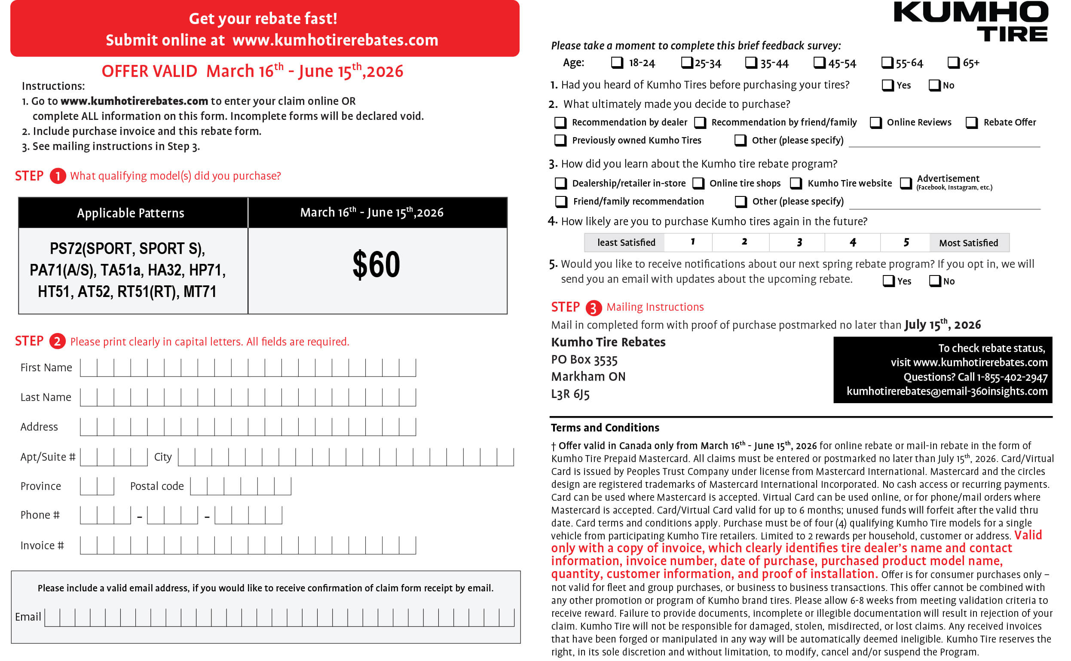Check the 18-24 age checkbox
click(x=617, y=62)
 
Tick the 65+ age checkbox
click(x=953, y=62)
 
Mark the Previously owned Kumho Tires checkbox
click(x=560, y=141)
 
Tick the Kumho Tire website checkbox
click(x=796, y=183)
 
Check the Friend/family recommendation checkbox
click(x=560, y=202)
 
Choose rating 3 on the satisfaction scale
click(x=799, y=243)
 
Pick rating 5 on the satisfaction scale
click(x=906, y=243)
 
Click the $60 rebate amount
click(x=376, y=264)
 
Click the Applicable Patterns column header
click(x=131, y=213)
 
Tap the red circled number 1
click(x=58, y=176)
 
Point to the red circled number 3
click(x=593, y=308)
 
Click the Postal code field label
click(x=157, y=486)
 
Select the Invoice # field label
click(x=42, y=545)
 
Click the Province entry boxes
click(x=97, y=486)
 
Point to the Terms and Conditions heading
click(x=605, y=428)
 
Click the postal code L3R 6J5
click(x=570, y=395)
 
